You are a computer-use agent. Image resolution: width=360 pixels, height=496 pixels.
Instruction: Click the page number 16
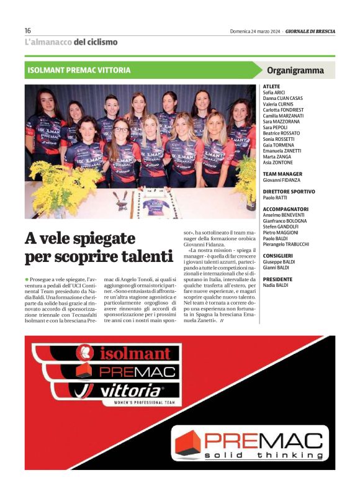(x=28, y=30)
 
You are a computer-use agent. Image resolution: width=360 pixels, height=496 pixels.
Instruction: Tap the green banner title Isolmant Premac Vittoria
(x=79, y=70)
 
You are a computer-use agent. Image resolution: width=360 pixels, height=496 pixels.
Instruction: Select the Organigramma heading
(x=295, y=70)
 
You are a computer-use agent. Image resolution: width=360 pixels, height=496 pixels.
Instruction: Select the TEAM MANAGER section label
(x=282, y=174)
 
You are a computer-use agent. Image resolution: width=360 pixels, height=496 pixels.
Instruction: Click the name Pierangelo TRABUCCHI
(x=286, y=244)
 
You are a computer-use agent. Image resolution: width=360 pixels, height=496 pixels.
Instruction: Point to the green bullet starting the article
(x=27, y=280)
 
